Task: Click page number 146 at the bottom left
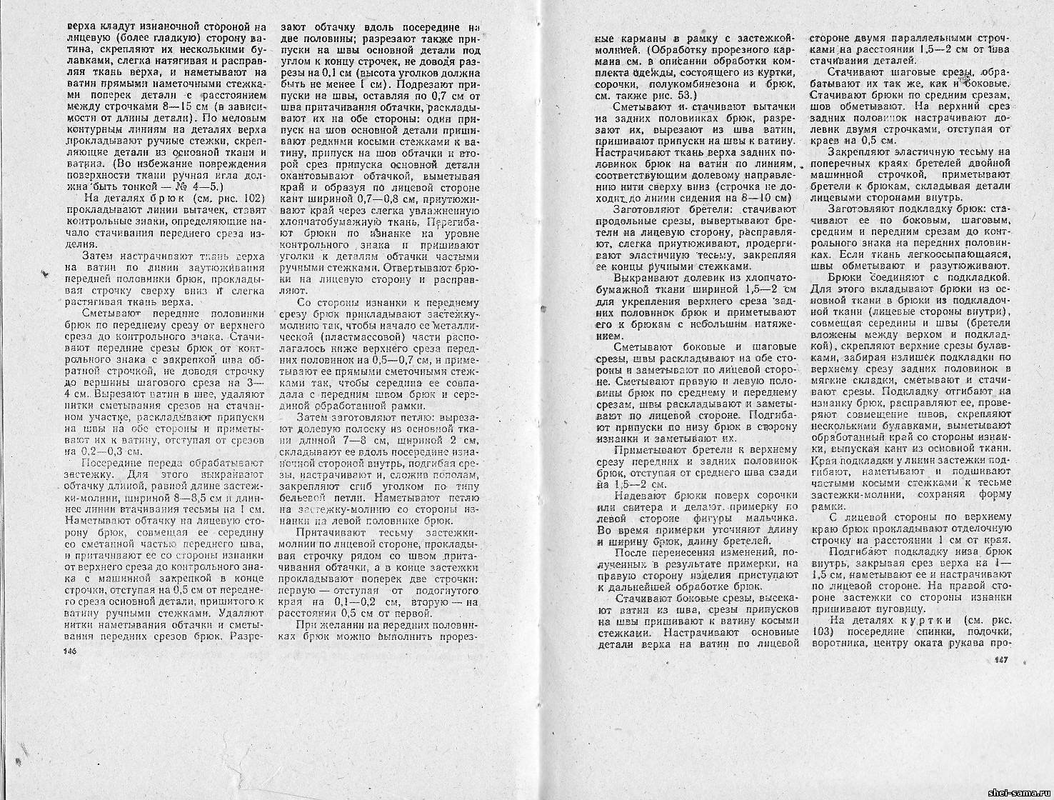coord(69,651)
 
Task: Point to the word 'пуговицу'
coord(896,609)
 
